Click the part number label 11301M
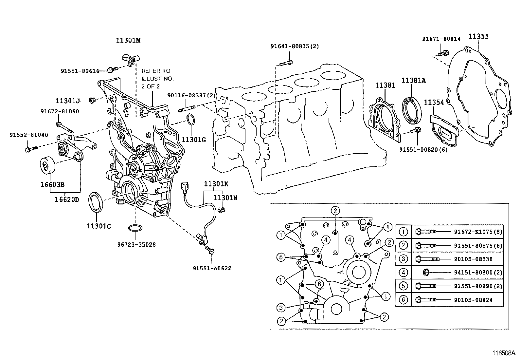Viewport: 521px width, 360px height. coord(128,40)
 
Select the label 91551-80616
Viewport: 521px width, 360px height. coord(80,71)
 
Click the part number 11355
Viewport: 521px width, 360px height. coord(478,36)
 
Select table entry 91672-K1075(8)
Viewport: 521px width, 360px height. coord(478,232)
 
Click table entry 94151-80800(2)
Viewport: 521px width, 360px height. coord(478,272)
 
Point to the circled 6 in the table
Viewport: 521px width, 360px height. coord(403,299)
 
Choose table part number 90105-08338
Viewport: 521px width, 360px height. coord(473,259)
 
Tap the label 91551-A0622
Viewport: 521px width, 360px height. coord(212,268)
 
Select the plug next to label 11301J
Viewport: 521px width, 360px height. coord(92,100)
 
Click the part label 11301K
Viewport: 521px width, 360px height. coord(216,184)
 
